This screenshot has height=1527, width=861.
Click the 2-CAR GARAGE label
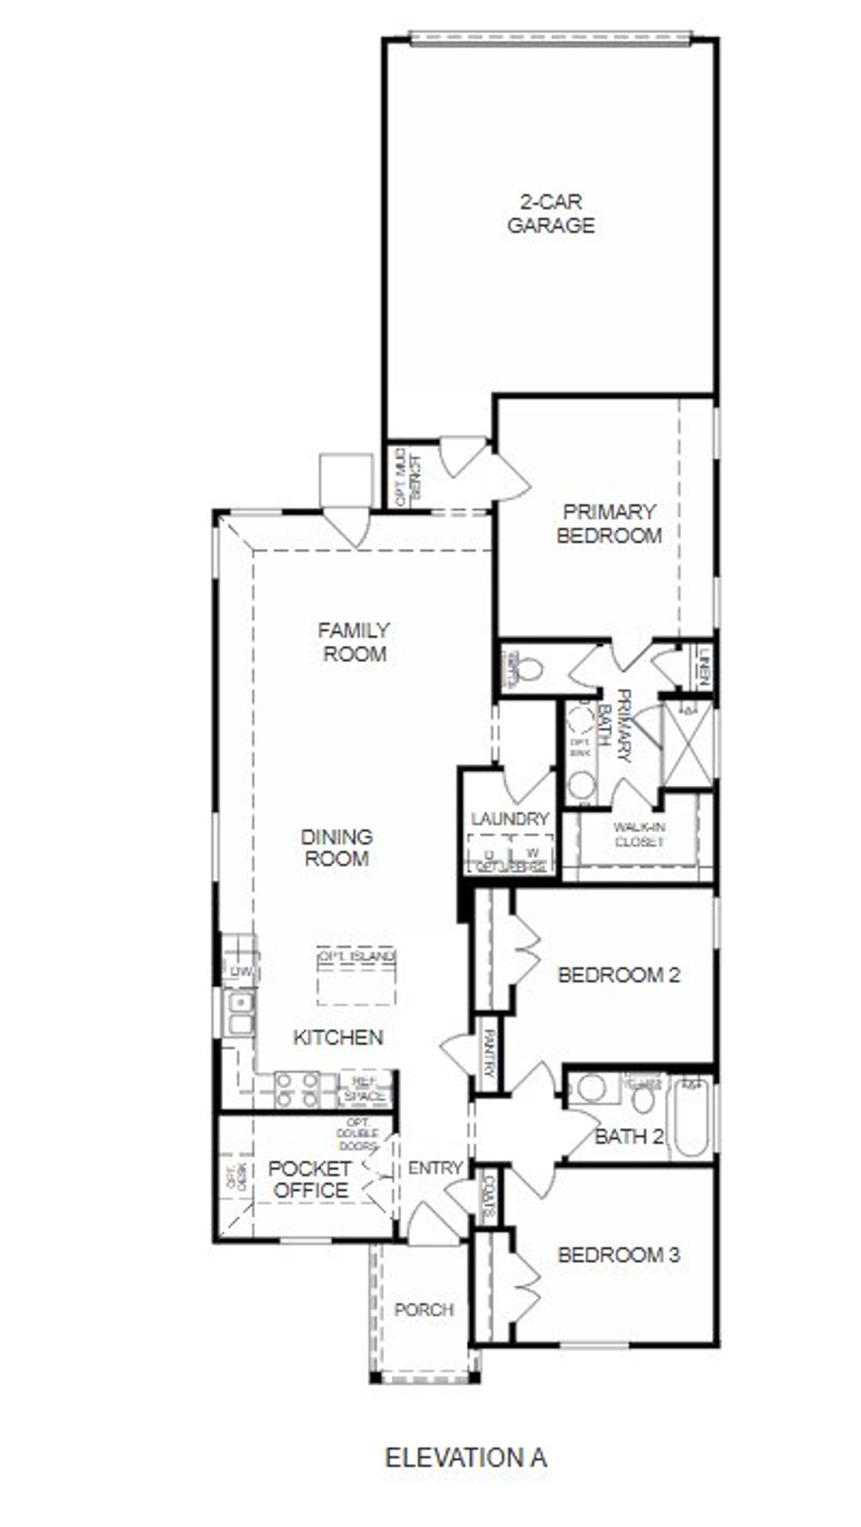pyautogui.click(x=550, y=213)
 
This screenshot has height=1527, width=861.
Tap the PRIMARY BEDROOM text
pyautogui.click(x=609, y=524)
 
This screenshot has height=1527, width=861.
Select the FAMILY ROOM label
pyautogui.click(x=354, y=642)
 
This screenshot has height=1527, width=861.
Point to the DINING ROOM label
pyautogui.click(x=336, y=847)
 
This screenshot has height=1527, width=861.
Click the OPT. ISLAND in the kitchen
pyautogui.click(x=356, y=976)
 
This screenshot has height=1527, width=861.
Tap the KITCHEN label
pyautogui.click(x=338, y=1037)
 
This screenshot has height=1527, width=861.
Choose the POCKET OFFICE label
pyautogui.click(x=309, y=1180)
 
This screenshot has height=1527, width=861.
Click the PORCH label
pyautogui.click(x=424, y=1310)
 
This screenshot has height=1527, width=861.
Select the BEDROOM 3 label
pyautogui.click(x=618, y=1254)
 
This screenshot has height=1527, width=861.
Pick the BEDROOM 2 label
pyautogui.click(x=619, y=974)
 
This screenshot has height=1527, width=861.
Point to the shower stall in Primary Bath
pyautogui.click(x=686, y=743)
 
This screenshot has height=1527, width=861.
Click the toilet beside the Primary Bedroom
pyautogui.click(x=529, y=670)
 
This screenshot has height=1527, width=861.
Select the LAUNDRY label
pyautogui.click(x=509, y=819)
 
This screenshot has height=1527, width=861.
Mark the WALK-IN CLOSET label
pyautogui.click(x=638, y=834)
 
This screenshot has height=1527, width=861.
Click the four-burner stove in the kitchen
pyautogui.click(x=297, y=1090)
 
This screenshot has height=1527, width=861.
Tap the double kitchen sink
pyautogui.click(x=239, y=1014)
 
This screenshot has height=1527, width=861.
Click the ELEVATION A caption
pyautogui.click(x=465, y=1458)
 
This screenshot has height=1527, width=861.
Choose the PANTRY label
pyautogui.click(x=489, y=1055)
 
